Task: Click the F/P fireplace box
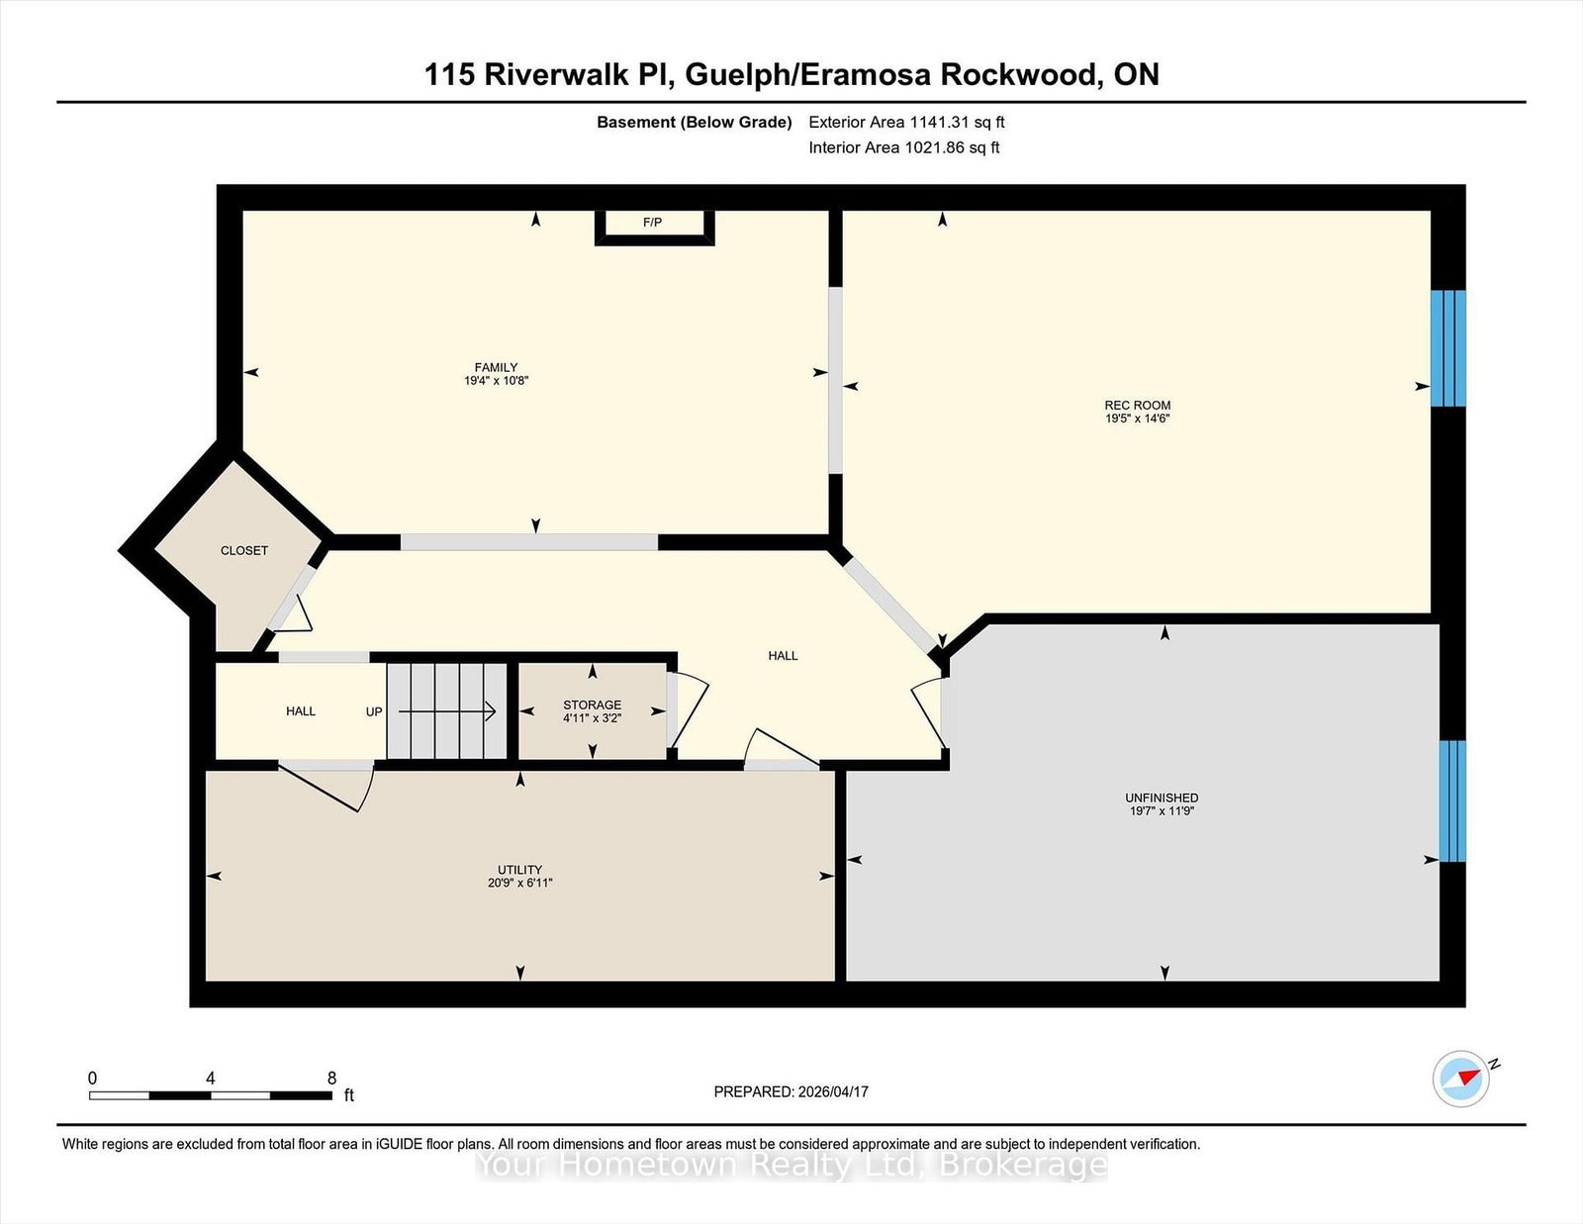point(653,224)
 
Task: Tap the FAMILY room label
point(496,367)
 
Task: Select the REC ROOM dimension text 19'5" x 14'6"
point(1138,419)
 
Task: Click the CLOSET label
point(244,550)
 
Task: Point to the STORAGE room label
point(592,705)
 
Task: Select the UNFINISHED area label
point(1162,798)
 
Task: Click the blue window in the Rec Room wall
point(1447,348)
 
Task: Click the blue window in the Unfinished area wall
point(1451,800)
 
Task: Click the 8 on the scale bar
point(331,1078)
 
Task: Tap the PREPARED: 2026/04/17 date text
point(791,1091)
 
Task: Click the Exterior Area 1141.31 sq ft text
point(906,123)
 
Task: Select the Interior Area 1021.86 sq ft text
point(903,147)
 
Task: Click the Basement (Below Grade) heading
point(694,123)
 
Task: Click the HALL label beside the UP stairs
point(301,710)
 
